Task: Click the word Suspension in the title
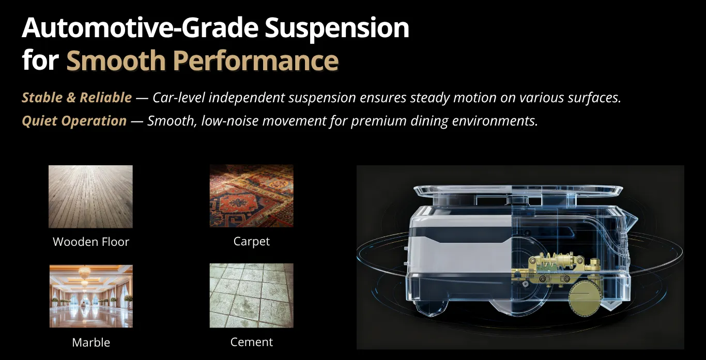(x=336, y=29)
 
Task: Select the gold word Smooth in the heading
(x=116, y=60)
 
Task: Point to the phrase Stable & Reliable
(x=77, y=98)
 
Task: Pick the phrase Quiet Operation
(x=74, y=121)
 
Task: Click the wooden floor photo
(x=91, y=197)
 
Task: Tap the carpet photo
(x=252, y=196)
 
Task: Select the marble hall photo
(x=91, y=296)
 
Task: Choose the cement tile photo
(x=252, y=295)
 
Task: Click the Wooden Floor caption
(x=91, y=242)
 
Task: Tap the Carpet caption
(x=252, y=242)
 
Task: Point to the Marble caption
(x=91, y=342)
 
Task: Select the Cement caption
(x=252, y=342)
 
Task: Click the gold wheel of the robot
(x=585, y=298)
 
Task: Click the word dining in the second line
(x=429, y=121)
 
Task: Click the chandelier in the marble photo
(x=84, y=273)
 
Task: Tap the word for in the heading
(x=40, y=60)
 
